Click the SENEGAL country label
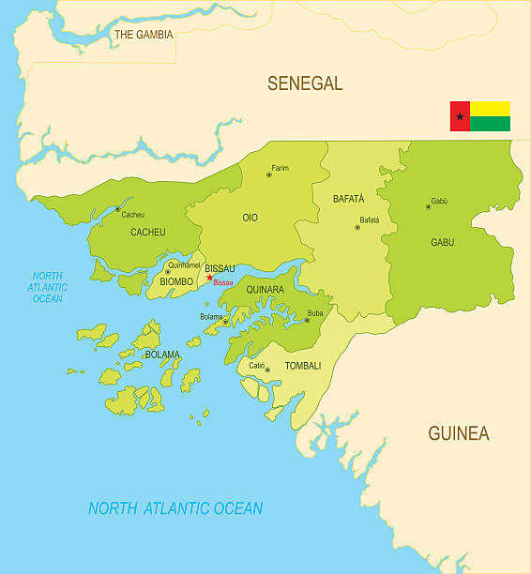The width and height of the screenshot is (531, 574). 305,83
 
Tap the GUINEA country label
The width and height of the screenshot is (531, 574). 458,433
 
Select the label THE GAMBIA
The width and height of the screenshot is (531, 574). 144,35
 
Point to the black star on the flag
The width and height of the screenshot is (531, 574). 460,116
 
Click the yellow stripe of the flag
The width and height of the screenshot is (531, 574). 490,109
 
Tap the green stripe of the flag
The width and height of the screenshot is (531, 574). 490,124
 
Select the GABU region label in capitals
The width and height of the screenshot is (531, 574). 442,242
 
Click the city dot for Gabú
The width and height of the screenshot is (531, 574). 428,206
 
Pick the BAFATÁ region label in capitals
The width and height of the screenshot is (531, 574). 348,199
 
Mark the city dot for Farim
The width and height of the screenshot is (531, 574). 268,174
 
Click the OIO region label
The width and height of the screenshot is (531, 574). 250,218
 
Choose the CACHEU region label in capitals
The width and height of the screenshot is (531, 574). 147,232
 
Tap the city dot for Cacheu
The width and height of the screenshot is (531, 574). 117,209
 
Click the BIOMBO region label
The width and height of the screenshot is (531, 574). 176,281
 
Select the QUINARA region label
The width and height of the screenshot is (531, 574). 265,290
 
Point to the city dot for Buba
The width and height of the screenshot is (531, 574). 306,320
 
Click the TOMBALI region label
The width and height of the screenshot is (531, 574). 302,366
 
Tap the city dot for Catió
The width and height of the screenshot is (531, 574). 267,370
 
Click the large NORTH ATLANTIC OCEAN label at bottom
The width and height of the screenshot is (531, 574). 175,508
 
